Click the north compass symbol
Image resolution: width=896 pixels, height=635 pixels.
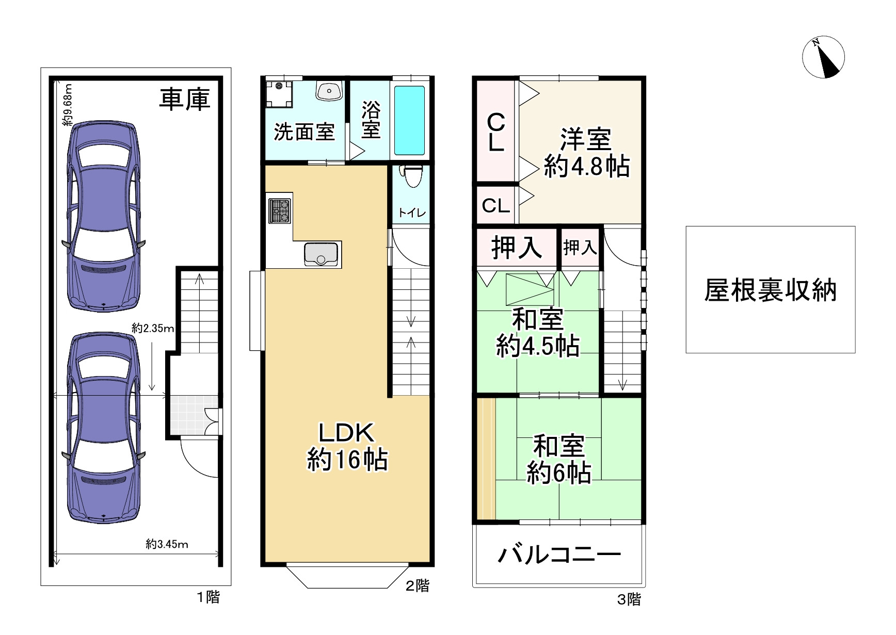point(823,57)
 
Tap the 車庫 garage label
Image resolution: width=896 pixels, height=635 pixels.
point(184,99)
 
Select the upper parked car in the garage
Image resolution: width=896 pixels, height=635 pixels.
point(103,216)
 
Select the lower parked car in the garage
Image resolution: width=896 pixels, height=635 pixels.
point(103,428)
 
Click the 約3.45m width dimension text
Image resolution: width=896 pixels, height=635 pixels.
point(167,544)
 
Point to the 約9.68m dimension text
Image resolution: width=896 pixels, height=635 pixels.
point(67,105)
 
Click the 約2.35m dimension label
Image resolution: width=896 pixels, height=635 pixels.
point(153,328)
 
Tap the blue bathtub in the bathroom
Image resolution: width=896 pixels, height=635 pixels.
point(410,120)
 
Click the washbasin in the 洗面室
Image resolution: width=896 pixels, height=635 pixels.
point(329,91)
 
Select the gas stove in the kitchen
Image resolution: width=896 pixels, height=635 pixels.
point(279,211)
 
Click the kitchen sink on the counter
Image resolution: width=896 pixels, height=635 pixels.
point(321,254)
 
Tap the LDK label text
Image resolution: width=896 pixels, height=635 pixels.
point(346,433)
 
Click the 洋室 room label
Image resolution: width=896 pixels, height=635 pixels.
point(586,139)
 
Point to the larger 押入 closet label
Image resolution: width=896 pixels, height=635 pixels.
point(517,247)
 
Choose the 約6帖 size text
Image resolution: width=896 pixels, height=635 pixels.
point(559,472)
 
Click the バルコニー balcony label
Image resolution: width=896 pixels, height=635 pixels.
point(559,555)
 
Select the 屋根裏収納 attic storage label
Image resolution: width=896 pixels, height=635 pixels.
point(770,290)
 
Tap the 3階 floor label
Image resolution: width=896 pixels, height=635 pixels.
point(629,599)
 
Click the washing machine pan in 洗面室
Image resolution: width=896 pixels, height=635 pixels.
point(279,94)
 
